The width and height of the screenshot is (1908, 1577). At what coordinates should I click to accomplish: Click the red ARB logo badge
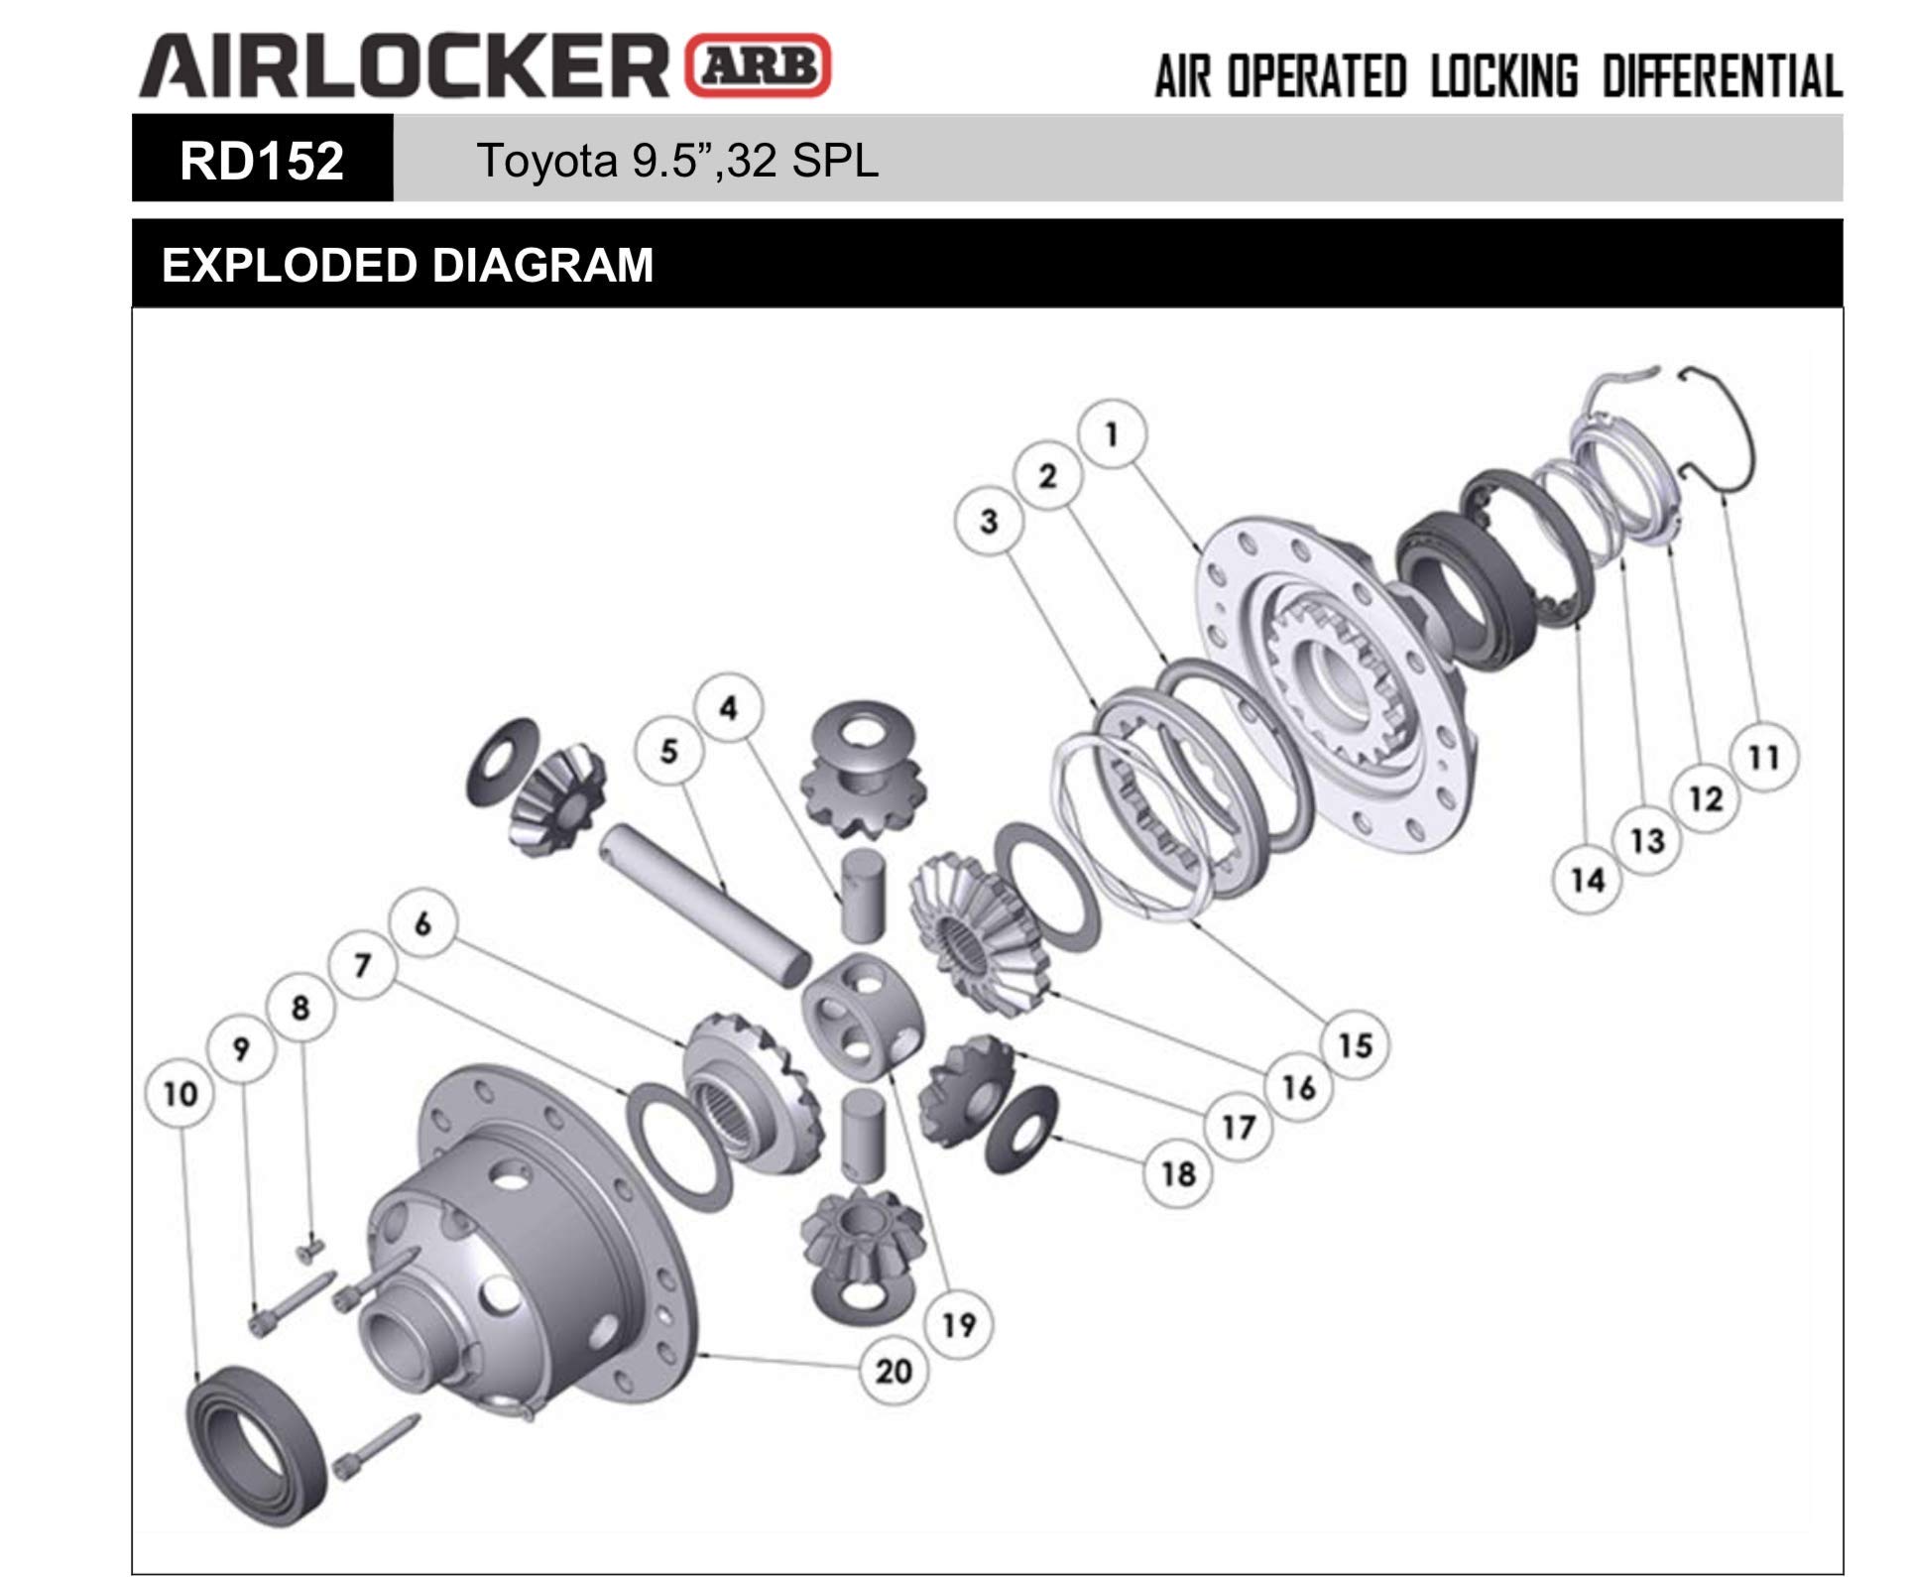(759, 65)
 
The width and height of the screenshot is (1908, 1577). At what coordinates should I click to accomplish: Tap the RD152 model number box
(262, 160)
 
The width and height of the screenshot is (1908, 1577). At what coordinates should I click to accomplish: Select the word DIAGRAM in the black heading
(542, 266)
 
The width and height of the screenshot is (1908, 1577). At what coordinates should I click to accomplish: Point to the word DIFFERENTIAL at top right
(1722, 77)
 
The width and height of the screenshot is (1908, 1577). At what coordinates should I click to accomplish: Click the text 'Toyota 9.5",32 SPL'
(677, 160)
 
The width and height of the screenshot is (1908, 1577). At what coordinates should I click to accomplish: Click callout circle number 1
(1112, 434)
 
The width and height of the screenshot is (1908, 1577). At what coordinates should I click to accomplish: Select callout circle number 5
(668, 751)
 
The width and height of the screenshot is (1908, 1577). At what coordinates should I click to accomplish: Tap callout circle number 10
(179, 1094)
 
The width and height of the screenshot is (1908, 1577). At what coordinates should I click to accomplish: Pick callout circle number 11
(1763, 758)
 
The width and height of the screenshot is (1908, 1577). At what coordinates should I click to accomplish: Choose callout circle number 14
(1587, 880)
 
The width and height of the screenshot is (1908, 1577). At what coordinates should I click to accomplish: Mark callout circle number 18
(1178, 1174)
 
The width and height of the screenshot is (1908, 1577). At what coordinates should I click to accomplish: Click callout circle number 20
(893, 1371)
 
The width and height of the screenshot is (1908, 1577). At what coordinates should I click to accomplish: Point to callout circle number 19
(958, 1324)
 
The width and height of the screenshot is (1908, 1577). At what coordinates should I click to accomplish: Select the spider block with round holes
(861, 1017)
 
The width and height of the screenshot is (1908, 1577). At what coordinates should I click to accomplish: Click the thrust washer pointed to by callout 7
(680, 1147)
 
